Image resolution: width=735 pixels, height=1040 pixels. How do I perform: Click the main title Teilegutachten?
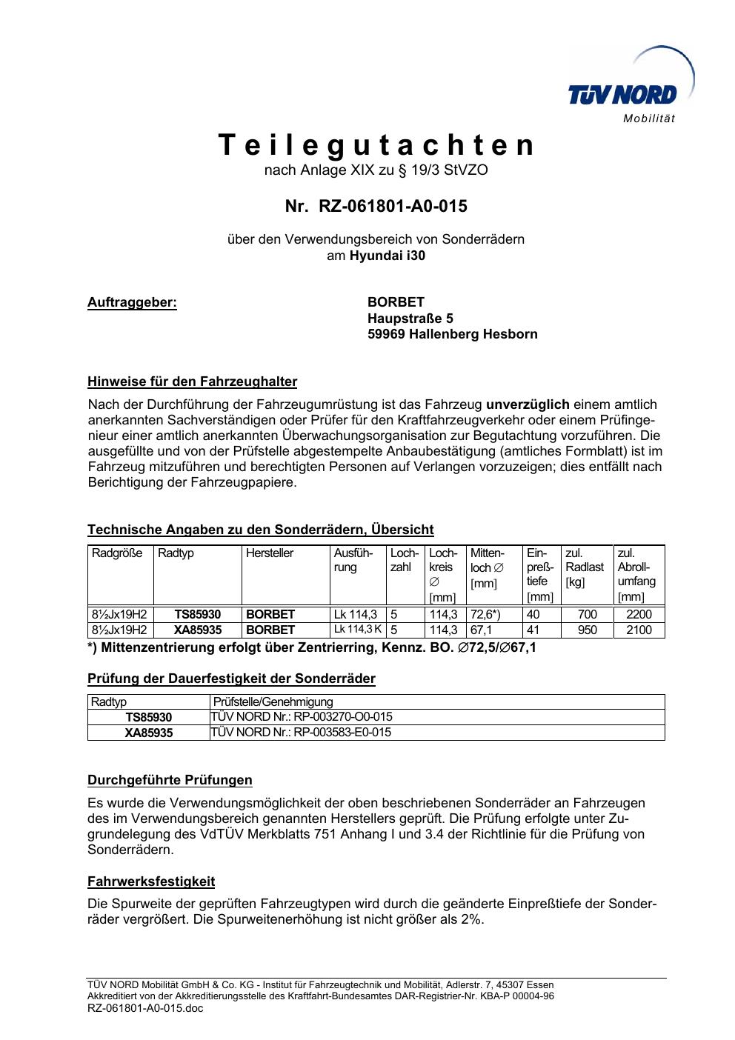pyautogui.click(x=376, y=145)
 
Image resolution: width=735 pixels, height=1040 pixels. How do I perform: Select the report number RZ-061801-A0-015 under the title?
pyautogui.click(x=393, y=206)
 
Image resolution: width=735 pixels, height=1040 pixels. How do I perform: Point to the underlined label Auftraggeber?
pyautogui.click(x=132, y=302)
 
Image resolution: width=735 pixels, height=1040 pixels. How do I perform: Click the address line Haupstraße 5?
pyautogui.click(x=410, y=319)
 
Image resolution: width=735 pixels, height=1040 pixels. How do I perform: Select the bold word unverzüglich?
pyautogui.click(x=528, y=404)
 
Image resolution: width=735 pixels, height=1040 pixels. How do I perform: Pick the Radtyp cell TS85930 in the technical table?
pyautogui.click(x=197, y=614)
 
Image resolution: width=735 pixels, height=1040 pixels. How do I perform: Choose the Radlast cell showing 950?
pyautogui.click(x=587, y=630)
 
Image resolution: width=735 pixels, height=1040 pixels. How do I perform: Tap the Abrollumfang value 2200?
pyautogui.click(x=639, y=614)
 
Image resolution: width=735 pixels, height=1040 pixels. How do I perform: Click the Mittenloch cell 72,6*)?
pyautogui.click(x=486, y=614)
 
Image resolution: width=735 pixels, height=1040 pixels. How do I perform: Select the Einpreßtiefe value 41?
pyautogui.click(x=533, y=630)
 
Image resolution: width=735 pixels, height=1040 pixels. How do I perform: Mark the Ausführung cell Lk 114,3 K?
pyautogui.click(x=357, y=630)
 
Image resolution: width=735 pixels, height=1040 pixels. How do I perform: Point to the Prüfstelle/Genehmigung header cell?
pyautogui.click(x=273, y=701)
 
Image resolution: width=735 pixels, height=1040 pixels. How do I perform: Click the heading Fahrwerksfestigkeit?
pyautogui.click(x=151, y=881)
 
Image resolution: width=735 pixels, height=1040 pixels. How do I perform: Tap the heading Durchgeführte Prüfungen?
pyautogui.click(x=170, y=780)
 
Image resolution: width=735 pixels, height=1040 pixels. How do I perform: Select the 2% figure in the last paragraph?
pyautogui.click(x=471, y=920)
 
